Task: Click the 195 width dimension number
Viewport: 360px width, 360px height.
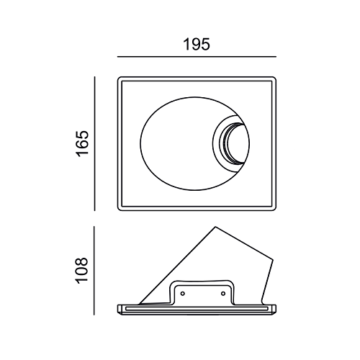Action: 197,45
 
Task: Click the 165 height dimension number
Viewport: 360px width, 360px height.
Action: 82,144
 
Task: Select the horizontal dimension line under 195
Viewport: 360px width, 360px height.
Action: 197,57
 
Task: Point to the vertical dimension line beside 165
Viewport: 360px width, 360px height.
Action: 94,144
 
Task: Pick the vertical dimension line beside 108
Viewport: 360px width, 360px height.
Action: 94,271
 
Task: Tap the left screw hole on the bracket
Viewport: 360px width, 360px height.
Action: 183,293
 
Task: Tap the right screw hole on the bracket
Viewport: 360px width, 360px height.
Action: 223,293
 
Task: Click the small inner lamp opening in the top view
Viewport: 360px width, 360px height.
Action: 236,144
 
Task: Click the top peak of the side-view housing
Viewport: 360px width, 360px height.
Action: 215,227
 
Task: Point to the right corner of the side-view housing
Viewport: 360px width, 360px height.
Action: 273,260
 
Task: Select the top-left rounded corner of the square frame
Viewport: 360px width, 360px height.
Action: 120,78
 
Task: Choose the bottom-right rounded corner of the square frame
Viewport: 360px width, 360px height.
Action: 274,209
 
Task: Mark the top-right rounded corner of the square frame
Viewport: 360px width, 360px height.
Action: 274,78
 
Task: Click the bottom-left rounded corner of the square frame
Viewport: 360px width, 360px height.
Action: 120,209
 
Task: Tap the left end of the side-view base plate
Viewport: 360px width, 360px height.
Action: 118,310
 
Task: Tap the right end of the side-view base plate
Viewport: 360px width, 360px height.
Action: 275,310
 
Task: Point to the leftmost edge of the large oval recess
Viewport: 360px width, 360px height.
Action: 140,144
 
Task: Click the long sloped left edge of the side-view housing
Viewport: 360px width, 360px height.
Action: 177,266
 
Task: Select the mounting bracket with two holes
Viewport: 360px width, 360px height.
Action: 203,292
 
